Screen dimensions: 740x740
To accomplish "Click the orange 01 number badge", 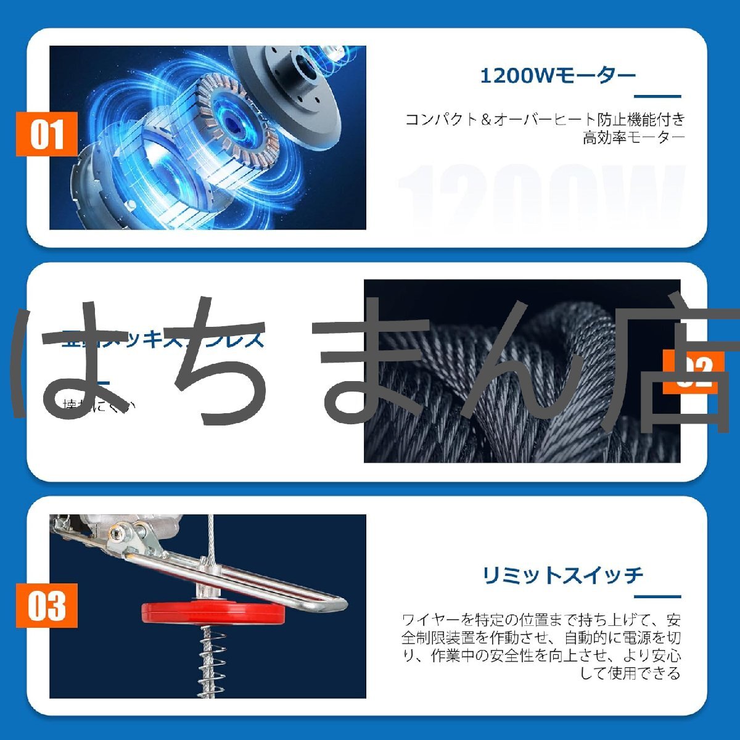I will pyautogui.click(x=47, y=134).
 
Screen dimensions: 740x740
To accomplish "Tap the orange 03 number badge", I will pyautogui.click(x=47, y=605).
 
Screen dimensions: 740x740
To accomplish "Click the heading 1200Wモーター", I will pyautogui.click(x=557, y=76).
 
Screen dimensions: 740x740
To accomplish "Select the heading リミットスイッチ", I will pyautogui.click(x=562, y=575).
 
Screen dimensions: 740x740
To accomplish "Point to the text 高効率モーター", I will pyautogui.click(x=633, y=138).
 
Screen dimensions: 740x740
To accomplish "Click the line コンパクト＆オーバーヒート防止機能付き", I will pyautogui.click(x=545, y=119).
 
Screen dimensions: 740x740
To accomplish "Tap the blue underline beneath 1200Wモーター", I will pyautogui.click(x=657, y=96).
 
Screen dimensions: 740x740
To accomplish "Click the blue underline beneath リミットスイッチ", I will pyautogui.click(x=657, y=596).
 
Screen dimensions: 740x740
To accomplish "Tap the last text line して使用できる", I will pyautogui.click(x=630, y=673).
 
